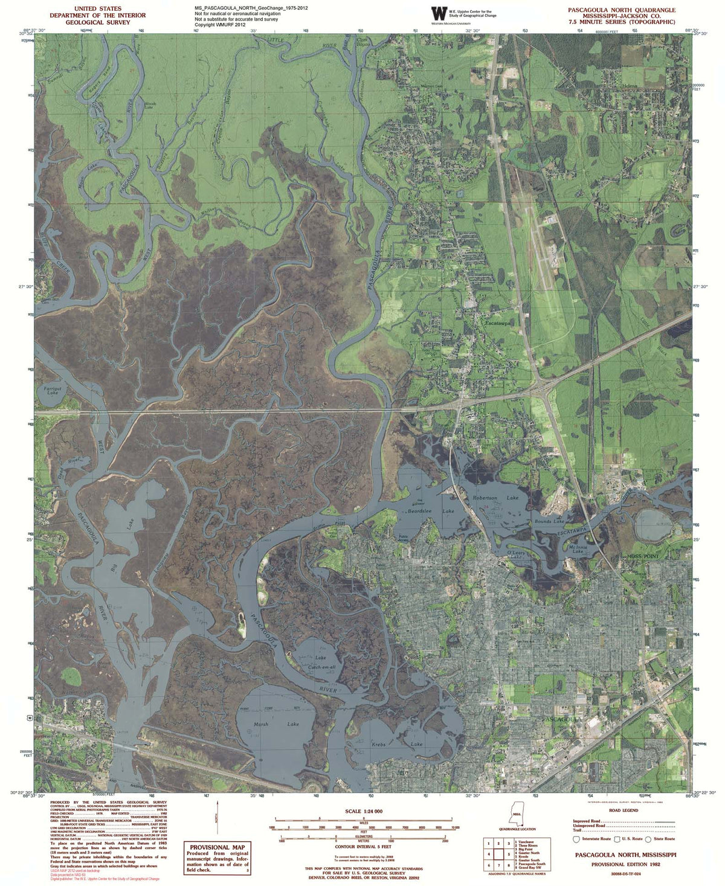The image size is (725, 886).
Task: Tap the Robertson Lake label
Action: [495, 498]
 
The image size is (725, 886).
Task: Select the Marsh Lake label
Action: [269, 724]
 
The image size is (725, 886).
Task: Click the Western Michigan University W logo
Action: [437, 14]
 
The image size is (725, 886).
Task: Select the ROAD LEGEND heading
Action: [623, 811]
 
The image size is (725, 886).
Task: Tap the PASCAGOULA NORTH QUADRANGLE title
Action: [621, 10]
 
